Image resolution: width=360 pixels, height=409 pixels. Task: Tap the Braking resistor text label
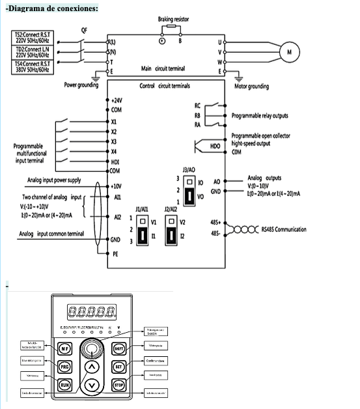(173, 20)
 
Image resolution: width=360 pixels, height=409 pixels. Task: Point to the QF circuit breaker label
(85, 30)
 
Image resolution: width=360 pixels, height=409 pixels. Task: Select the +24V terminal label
(117, 102)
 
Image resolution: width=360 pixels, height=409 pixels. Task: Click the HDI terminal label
(115, 161)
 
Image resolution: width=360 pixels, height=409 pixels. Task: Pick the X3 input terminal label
(114, 141)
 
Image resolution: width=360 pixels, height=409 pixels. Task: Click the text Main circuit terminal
(162, 68)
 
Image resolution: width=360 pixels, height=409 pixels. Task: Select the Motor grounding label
(251, 85)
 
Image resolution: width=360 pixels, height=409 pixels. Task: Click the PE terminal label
(115, 256)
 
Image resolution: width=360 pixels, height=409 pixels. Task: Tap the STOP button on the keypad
(118, 385)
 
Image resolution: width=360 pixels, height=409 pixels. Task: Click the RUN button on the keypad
(65, 385)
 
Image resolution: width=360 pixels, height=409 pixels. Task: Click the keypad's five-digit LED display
(92, 311)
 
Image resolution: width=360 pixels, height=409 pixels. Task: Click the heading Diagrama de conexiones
(51, 8)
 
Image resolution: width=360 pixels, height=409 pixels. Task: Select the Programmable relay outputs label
(260, 115)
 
